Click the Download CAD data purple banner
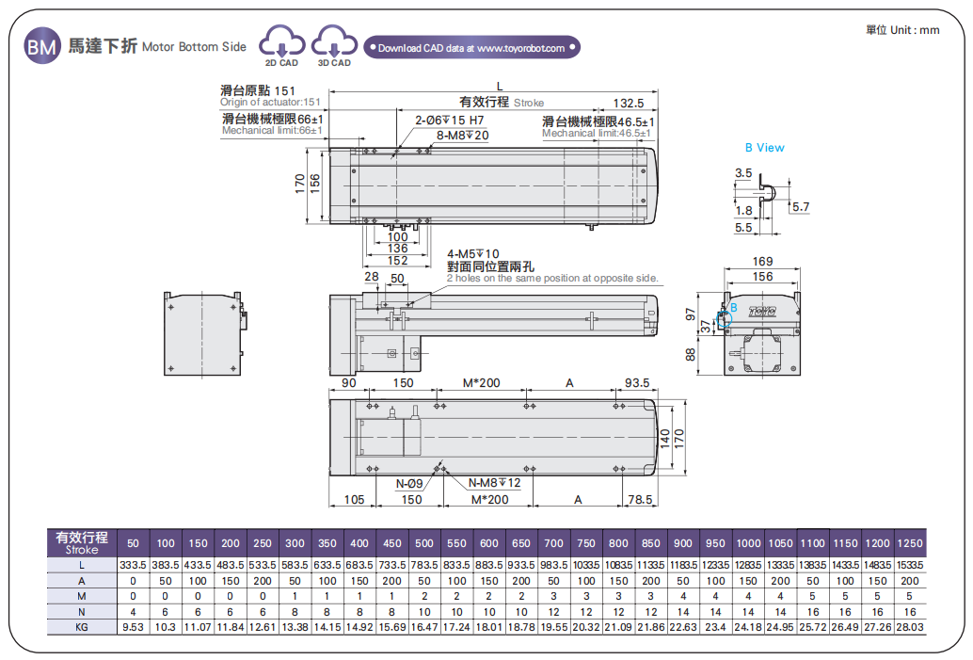pyautogui.click(x=472, y=47)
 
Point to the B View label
pyautogui.click(x=764, y=148)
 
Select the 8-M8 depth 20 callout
pyautogui.click(x=463, y=135)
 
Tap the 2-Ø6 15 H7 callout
pyautogui.click(x=450, y=121)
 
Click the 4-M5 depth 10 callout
pyautogui.click(x=473, y=253)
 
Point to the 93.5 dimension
pyautogui.click(x=637, y=383)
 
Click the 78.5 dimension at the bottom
pyautogui.click(x=641, y=499)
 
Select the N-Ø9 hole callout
pyautogui.click(x=408, y=484)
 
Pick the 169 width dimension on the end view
pyautogui.click(x=762, y=261)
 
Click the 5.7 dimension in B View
pyautogui.click(x=801, y=206)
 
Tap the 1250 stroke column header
pyautogui.click(x=909, y=543)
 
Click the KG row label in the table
pyautogui.click(x=82, y=625)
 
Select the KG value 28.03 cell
pyautogui.click(x=909, y=625)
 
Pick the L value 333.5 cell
pyautogui.click(x=133, y=564)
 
